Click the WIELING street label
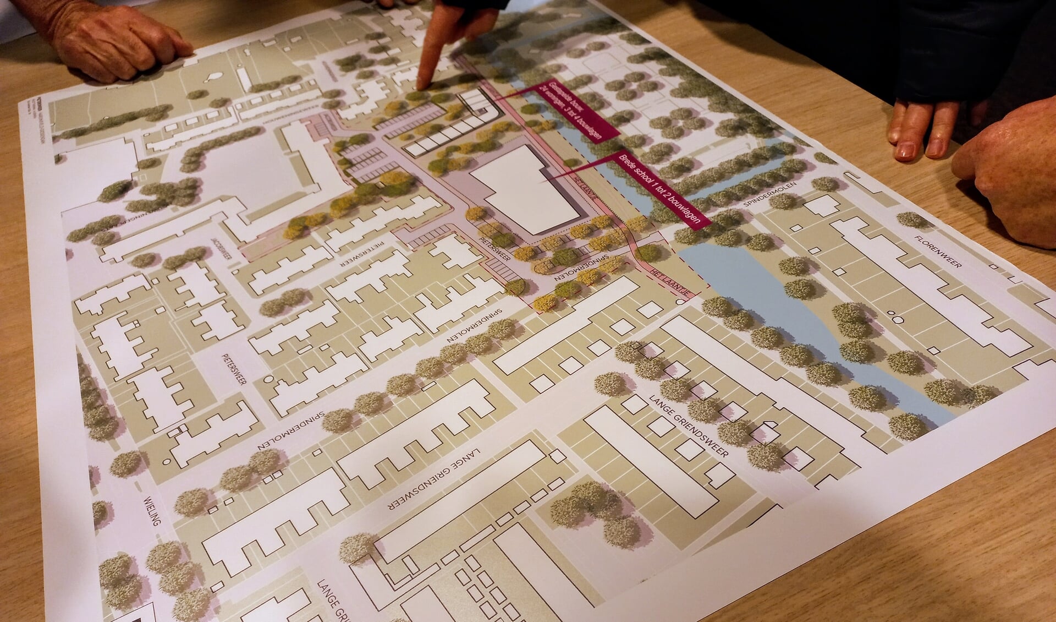(x=152, y=510)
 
